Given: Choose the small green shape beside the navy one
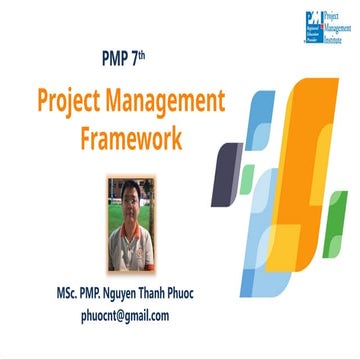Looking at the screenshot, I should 248,180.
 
